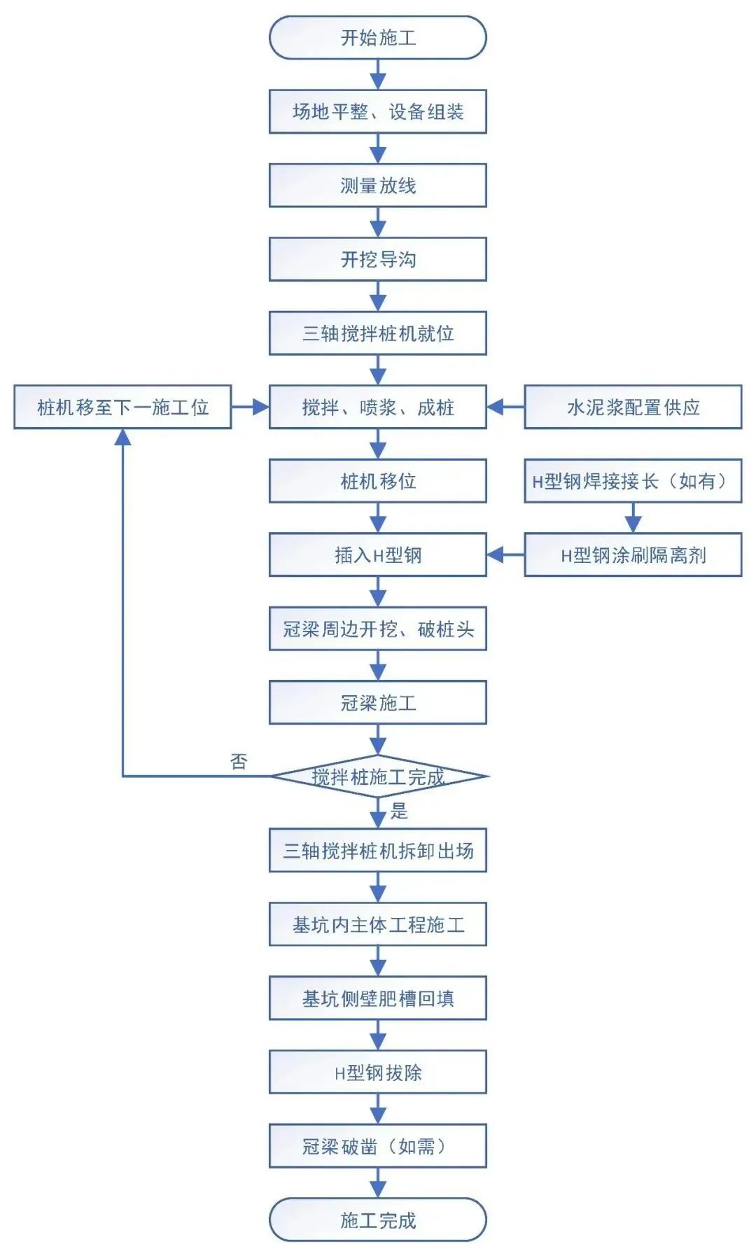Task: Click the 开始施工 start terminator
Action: click(x=377, y=38)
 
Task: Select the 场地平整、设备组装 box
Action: click(x=377, y=112)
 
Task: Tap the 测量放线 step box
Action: click(x=377, y=186)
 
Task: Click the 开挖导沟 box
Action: click(x=377, y=260)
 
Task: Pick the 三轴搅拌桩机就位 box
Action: click(x=377, y=333)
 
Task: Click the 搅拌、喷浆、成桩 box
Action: click(x=377, y=407)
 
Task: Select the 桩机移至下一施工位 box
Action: click(x=122, y=407)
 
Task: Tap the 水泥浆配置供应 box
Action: click(x=633, y=407)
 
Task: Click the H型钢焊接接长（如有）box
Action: click(x=633, y=481)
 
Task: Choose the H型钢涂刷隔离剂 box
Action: click(x=633, y=555)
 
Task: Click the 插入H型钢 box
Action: click(x=377, y=555)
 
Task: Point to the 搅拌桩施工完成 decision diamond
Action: click(x=377, y=776)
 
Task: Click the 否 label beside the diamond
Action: click(x=239, y=761)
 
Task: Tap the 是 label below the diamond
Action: click(x=399, y=811)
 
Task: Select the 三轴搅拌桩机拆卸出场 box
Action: click(x=377, y=851)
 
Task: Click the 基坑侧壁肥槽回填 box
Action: click(x=377, y=998)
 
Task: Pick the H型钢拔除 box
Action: click(x=377, y=1073)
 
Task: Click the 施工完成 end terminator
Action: click(x=377, y=1220)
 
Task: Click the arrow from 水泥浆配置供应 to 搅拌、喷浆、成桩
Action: click(x=505, y=407)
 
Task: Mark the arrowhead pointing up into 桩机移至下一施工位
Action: click(x=122, y=438)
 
